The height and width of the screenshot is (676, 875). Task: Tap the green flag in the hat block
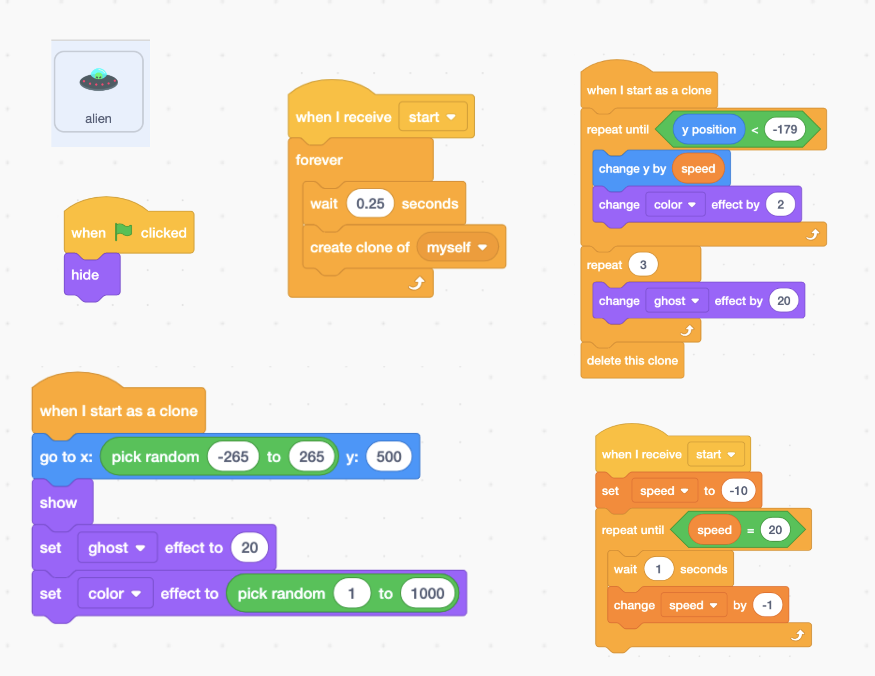pyautogui.click(x=124, y=232)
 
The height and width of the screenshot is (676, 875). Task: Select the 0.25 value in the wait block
pyautogui.click(x=370, y=203)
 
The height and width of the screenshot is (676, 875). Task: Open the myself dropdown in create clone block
pyautogui.click(x=457, y=247)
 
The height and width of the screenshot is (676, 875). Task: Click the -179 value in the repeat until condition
pyautogui.click(x=784, y=129)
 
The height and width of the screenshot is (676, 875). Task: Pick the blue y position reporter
pyautogui.click(x=708, y=129)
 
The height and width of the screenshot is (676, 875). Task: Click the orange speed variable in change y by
pyautogui.click(x=698, y=169)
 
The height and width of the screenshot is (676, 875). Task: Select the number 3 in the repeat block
pyautogui.click(x=643, y=265)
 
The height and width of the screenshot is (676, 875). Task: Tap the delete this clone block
pyautogui.click(x=632, y=360)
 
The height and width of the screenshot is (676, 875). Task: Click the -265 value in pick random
pyautogui.click(x=233, y=457)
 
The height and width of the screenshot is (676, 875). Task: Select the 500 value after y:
pyautogui.click(x=388, y=457)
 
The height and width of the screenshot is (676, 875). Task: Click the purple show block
pyautogui.click(x=58, y=502)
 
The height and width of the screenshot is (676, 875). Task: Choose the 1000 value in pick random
pyautogui.click(x=427, y=593)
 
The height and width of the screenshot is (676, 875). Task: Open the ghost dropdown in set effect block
pyautogui.click(x=117, y=548)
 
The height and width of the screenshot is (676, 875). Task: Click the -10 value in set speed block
pyautogui.click(x=738, y=491)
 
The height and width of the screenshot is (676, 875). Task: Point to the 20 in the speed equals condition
pyautogui.click(x=775, y=530)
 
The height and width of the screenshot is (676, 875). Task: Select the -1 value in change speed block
pyautogui.click(x=767, y=605)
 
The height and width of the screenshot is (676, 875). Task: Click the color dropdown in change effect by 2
pyautogui.click(x=675, y=205)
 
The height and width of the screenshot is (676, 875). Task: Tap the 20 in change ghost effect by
pyautogui.click(x=784, y=301)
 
